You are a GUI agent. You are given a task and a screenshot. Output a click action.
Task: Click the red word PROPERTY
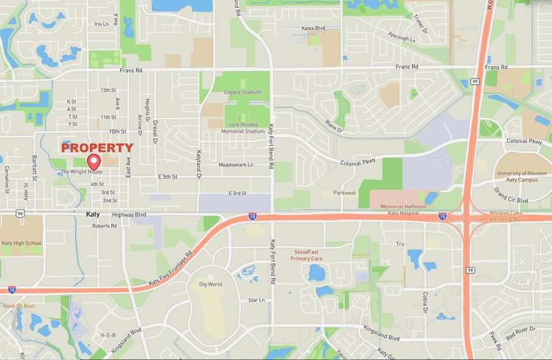[x=97, y=148]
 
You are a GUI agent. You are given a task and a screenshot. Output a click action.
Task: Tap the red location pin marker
[x=94, y=162]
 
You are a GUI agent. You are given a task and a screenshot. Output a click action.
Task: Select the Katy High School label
[x=21, y=243]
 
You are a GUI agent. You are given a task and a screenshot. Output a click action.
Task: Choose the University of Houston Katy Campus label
[x=521, y=176]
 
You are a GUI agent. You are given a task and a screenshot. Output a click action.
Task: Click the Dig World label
[x=211, y=284]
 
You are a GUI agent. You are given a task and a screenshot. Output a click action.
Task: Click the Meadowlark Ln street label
[x=235, y=165]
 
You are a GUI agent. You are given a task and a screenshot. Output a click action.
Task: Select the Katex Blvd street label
[x=313, y=28]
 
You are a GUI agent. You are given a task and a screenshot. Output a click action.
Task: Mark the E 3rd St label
[x=237, y=193]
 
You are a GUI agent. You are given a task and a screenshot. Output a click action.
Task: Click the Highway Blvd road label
[x=129, y=215]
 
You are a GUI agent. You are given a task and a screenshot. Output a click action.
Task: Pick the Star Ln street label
[x=256, y=300]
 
